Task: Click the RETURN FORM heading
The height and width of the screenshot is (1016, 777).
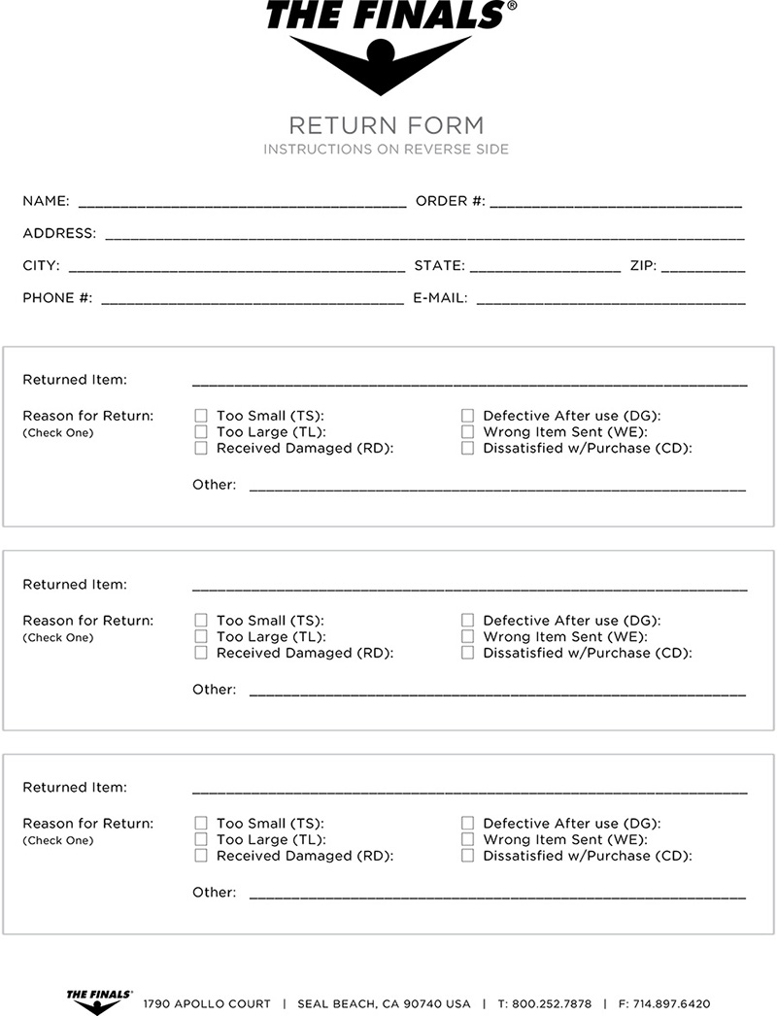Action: tap(386, 125)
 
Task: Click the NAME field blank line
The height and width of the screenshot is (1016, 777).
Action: tap(242, 205)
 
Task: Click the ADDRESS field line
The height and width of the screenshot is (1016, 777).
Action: tap(424, 236)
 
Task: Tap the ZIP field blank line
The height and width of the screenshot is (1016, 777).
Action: tap(703, 269)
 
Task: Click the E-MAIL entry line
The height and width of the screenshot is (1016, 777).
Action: tap(610, 301)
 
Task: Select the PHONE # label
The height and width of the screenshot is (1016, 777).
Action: tap(57, 298)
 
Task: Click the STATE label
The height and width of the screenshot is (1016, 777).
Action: tap(439, 265)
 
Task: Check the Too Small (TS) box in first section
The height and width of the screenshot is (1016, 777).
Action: tap(201, 416)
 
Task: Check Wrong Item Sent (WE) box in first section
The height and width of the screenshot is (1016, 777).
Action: tap(467, 432)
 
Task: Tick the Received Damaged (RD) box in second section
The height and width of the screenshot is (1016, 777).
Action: tap(201, 653)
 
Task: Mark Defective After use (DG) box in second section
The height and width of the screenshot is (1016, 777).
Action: tap(467, 620)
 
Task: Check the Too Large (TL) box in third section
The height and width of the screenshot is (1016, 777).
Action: tap(201, 839)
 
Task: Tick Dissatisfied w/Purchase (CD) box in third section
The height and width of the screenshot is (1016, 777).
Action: tap(467, 856)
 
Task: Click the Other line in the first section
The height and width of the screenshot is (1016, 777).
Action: tap(497, 489)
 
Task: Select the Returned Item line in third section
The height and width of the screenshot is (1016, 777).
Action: tap(469, 791)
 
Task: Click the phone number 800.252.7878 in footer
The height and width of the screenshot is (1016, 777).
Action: tap(552, 1003)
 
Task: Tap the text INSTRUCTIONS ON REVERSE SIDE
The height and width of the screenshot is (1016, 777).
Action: tap(386, 150)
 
